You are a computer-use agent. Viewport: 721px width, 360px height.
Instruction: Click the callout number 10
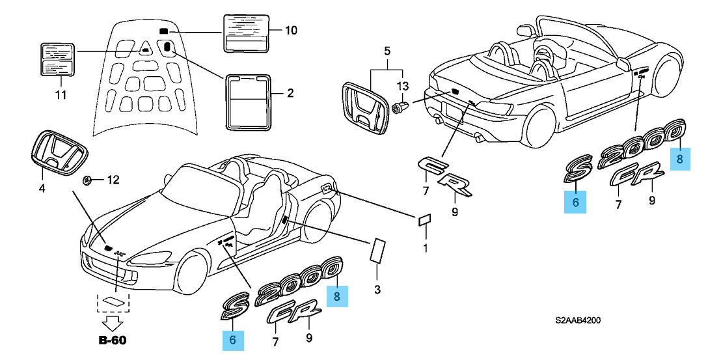[291, 31]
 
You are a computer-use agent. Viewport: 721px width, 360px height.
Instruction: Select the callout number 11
[60, 96]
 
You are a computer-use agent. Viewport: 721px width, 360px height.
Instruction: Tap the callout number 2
[290, 93]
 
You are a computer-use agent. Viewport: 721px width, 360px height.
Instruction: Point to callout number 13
[403, 86]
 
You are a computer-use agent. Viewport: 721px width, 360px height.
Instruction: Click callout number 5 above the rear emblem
[387, 50]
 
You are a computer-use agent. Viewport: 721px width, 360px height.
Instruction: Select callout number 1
[426, 247]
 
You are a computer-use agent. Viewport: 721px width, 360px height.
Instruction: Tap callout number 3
[377, 289]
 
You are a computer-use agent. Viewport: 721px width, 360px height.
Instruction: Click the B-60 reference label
[112, 340]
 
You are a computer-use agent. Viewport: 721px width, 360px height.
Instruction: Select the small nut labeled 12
[86, 180]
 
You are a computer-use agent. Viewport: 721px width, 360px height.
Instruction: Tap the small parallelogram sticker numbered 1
[423, 219]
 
